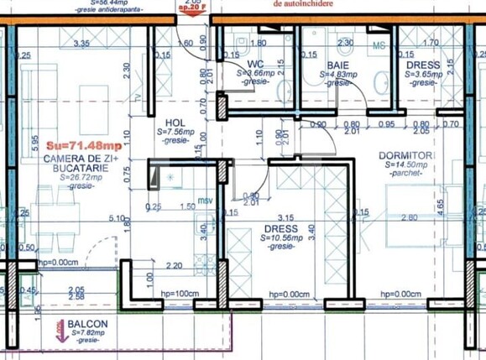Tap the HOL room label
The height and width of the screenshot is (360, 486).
(175, 122)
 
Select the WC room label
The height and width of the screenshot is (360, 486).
(257, 63)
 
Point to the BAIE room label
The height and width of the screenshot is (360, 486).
(339, 63)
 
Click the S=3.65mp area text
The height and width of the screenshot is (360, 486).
(423, 74)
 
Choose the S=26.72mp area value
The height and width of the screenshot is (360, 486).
(73, 178)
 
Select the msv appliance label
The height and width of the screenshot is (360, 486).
(206, 201)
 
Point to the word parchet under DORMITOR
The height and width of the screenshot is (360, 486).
(410, 175)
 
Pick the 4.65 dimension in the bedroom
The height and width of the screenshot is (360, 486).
(464, 202)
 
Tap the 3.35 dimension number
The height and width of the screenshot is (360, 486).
(81, 43)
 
